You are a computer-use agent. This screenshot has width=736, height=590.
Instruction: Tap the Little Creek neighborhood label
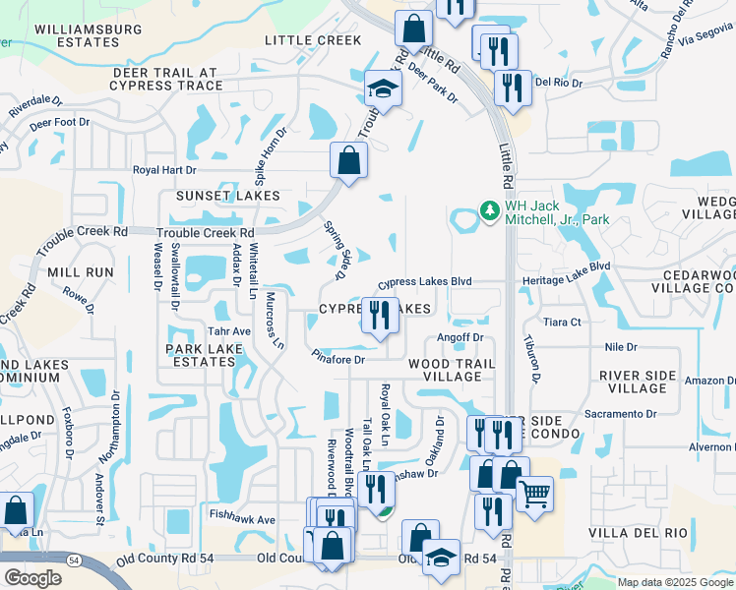pos(312,40)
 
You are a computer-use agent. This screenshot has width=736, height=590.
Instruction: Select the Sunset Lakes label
pos(227,196)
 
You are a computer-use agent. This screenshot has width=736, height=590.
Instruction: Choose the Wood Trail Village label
pos(444,370)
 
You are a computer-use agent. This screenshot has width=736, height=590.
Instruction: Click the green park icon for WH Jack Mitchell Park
pos(488,211)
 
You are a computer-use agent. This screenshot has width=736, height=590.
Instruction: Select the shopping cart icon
pos(534,492)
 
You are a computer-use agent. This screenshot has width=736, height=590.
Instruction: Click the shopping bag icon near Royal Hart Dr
pos(348,159)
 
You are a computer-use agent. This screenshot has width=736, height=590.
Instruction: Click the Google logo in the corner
pos(33,578)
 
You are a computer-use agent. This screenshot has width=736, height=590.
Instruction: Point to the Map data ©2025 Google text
pos(674,582)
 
